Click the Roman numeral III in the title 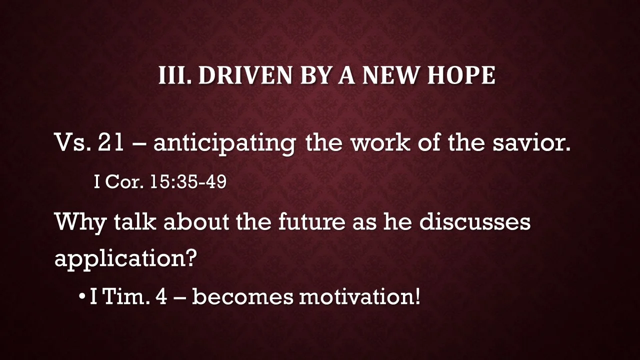click(x=174, y=75)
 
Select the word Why click(x=80, y=222)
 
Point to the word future click(x=311, y=221)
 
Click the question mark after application click(x=191, y=258)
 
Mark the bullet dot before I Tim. click(x=82, y=297)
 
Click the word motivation click(x=355, y=297)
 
